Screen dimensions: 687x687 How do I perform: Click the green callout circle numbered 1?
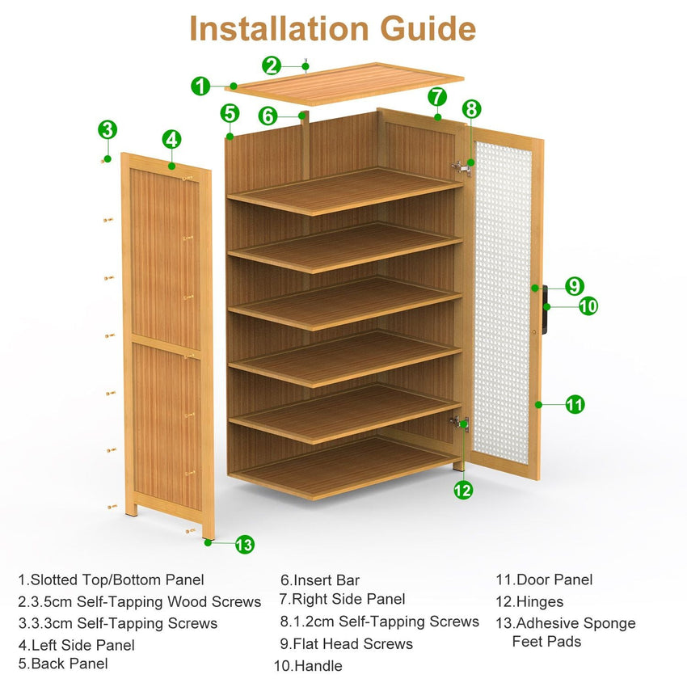pyautogui.click(x=201, y=86)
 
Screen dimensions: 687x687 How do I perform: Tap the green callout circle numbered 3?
pyautogui.click(x=107, y=129)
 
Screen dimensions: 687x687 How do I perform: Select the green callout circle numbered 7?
pyautogui.click(x=437, y=97)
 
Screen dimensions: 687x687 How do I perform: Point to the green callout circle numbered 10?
pyautogui.click(x=588, y=306)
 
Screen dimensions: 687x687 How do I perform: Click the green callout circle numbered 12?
pyautogui.click(x=463, y=489)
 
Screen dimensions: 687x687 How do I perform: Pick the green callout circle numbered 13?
pyautogui.click(x=244, y=545)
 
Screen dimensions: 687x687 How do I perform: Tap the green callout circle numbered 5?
pyautogui.click(x=230, y=113)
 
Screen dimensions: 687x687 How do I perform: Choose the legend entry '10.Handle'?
pyautogui.click(x=308, y=666)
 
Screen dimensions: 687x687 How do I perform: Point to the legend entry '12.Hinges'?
pyautogui.click(x=529, y=601)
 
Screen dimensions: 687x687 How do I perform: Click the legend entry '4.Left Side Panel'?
pyautogui.click(x=76, y=645)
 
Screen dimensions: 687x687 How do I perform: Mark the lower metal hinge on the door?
pyautogui.click(x=459, y=422)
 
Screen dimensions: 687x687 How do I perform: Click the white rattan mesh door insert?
pyautogui.click(x=503, y=303)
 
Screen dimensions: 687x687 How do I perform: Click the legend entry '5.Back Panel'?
pyautogui.click(x=63, y=664)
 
